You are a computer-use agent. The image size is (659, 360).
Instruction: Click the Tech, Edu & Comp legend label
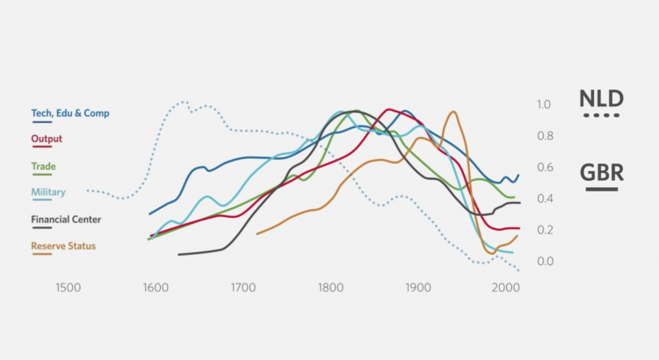[x=70, y=113]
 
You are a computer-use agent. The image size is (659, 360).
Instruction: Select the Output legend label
[x=47, y=139]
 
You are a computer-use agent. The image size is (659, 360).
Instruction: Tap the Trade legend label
[x=43, y=166]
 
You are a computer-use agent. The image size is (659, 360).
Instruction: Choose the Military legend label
[x=48, y=192]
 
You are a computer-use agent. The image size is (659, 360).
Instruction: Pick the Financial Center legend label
[x=66, y=220]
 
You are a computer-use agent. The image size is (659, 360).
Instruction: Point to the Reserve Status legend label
[x=63, y=246]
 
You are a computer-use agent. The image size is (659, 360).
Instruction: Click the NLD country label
[x=601, y=97]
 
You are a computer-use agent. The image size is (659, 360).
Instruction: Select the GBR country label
[x=601, y=171]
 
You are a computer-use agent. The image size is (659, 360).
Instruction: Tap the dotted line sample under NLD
[x=601, y=116]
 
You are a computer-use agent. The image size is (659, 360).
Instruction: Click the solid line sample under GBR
[x=601, y=189]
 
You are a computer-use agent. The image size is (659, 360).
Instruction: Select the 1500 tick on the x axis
[x=68, y=287]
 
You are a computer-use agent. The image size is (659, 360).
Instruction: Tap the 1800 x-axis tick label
[x=330, y=287]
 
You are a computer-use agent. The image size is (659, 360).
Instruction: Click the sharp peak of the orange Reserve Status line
[x=453, y=112]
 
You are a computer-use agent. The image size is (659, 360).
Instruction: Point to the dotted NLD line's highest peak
[x=183, y=102]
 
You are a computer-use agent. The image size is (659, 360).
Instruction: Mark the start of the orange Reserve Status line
[x=257, y=234]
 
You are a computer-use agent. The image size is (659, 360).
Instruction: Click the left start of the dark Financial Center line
[x=178, y=255]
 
